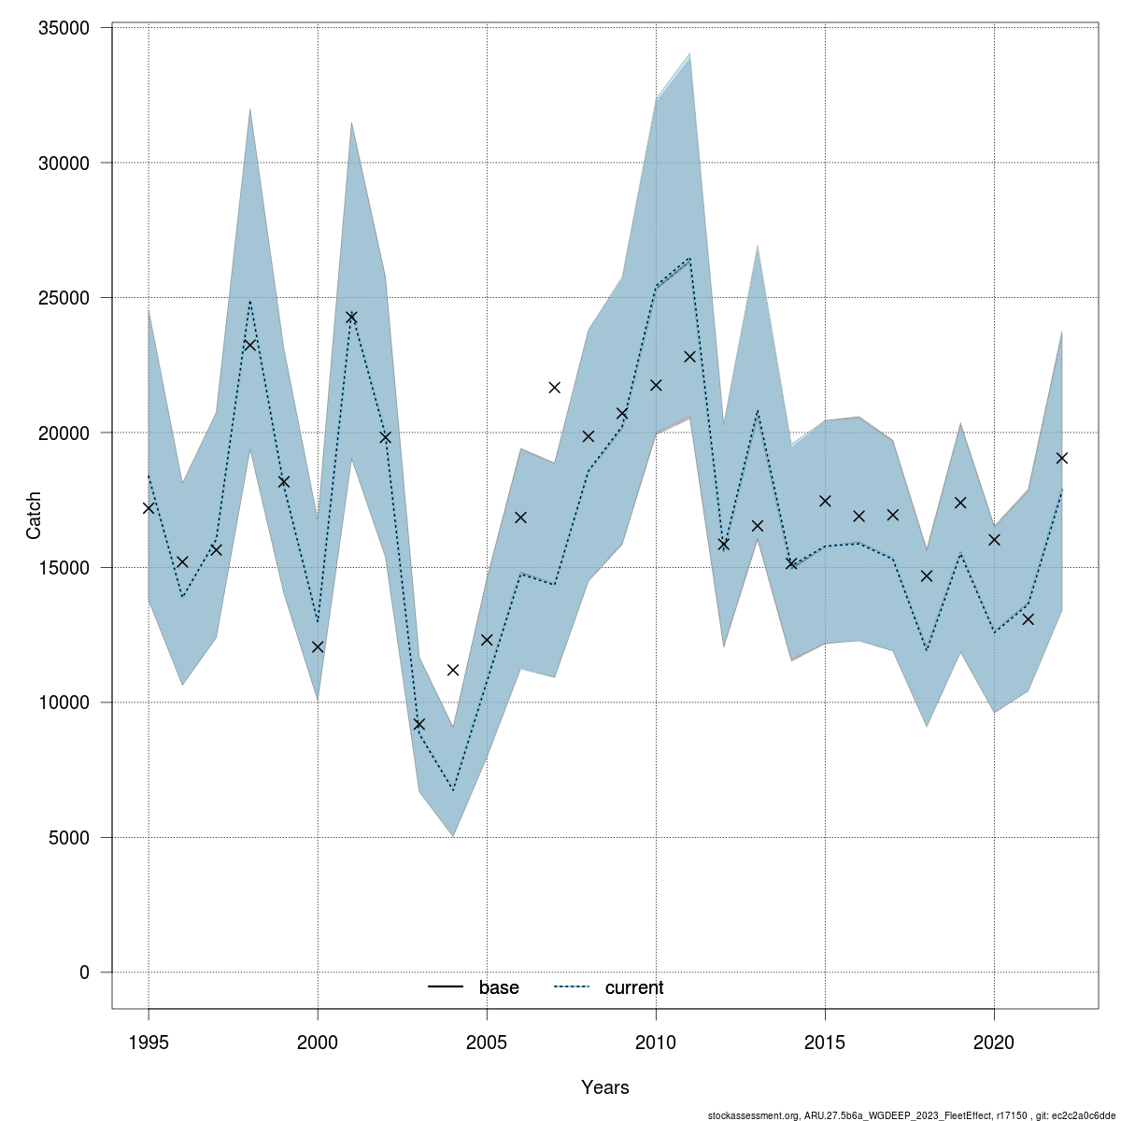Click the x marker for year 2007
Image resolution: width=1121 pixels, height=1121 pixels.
click(554, 388)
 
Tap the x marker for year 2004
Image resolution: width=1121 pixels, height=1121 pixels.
click(453, 670)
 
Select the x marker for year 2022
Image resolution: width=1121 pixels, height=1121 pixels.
click(1062, 458)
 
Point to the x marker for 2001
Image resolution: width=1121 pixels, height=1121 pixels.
click(351, 317)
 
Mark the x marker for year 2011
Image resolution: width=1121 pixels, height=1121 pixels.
click(689, 356)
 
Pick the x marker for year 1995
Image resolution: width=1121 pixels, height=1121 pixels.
click(149, 508)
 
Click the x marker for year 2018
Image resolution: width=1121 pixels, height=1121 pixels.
click(927, 575)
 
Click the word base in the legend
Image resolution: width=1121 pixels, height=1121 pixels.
click(499, 988)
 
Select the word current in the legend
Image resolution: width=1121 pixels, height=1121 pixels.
click(634, 988)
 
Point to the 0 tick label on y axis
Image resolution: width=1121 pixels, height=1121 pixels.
click(84, 972)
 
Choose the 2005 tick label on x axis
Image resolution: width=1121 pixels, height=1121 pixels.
click(487, 1041)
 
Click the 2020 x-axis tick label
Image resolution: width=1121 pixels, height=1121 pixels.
click(994, 1041)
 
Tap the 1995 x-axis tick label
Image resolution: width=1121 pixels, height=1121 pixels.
click(149, 1041)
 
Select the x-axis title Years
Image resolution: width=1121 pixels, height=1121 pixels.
click(605, 1087)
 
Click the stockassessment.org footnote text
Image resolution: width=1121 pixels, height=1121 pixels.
click(912, 1115)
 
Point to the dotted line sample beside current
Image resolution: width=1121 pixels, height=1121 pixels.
click(572, 987)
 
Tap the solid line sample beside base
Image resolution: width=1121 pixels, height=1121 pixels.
click(447, 987)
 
